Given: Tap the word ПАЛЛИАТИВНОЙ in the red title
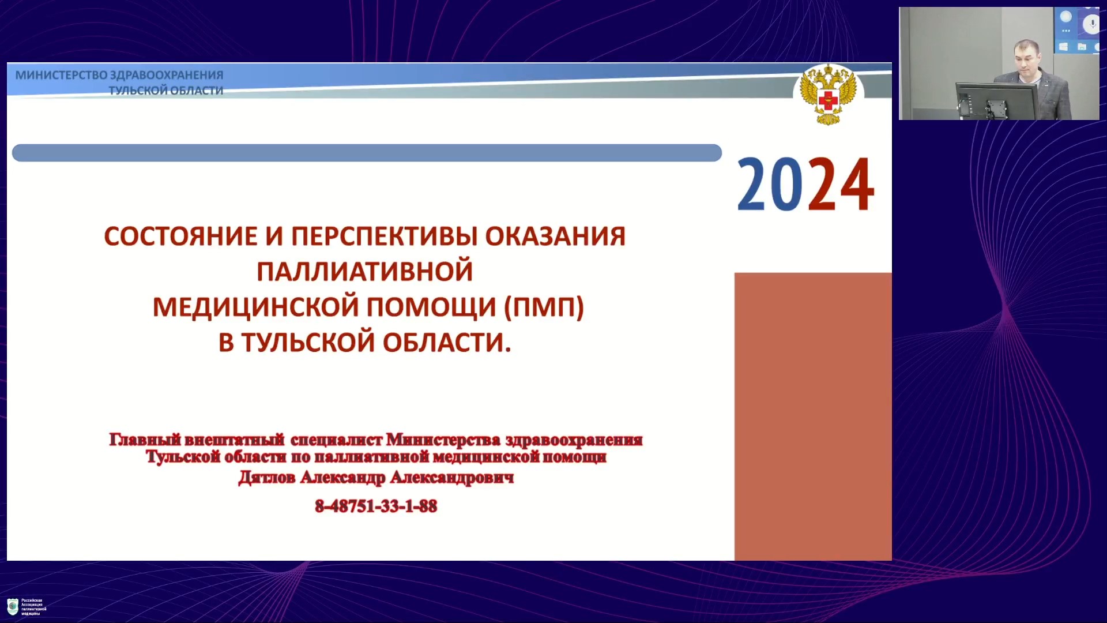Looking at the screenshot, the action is pyautogui.click(x=364, y=272).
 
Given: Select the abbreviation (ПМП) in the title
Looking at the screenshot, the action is pyautogui.click(x=544, y=307).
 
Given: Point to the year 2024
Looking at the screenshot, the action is pyautogui.click(x=805, y=185).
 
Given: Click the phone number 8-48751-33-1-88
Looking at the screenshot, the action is pyautogui.click(x=376, y=506).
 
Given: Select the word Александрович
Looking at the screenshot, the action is pyautogui.click(x=452, y=478).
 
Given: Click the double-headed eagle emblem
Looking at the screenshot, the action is pyautogui.click(x=828, y=95).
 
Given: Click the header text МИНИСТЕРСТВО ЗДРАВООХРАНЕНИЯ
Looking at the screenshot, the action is pyautogui.click(x=119, y=75).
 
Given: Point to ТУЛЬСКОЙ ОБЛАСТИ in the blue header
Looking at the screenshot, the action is pyautogui.click(x=166, y=91).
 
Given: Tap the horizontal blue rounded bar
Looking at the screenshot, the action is pyautogui.click(x=367, y=153).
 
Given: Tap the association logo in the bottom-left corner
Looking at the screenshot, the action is pyautogui.click(x=13, y=606).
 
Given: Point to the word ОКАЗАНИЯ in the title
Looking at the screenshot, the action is pyautogui.click(x=555, y=237).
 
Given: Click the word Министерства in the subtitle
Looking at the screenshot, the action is pyautogui.click(x=443, y=440).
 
